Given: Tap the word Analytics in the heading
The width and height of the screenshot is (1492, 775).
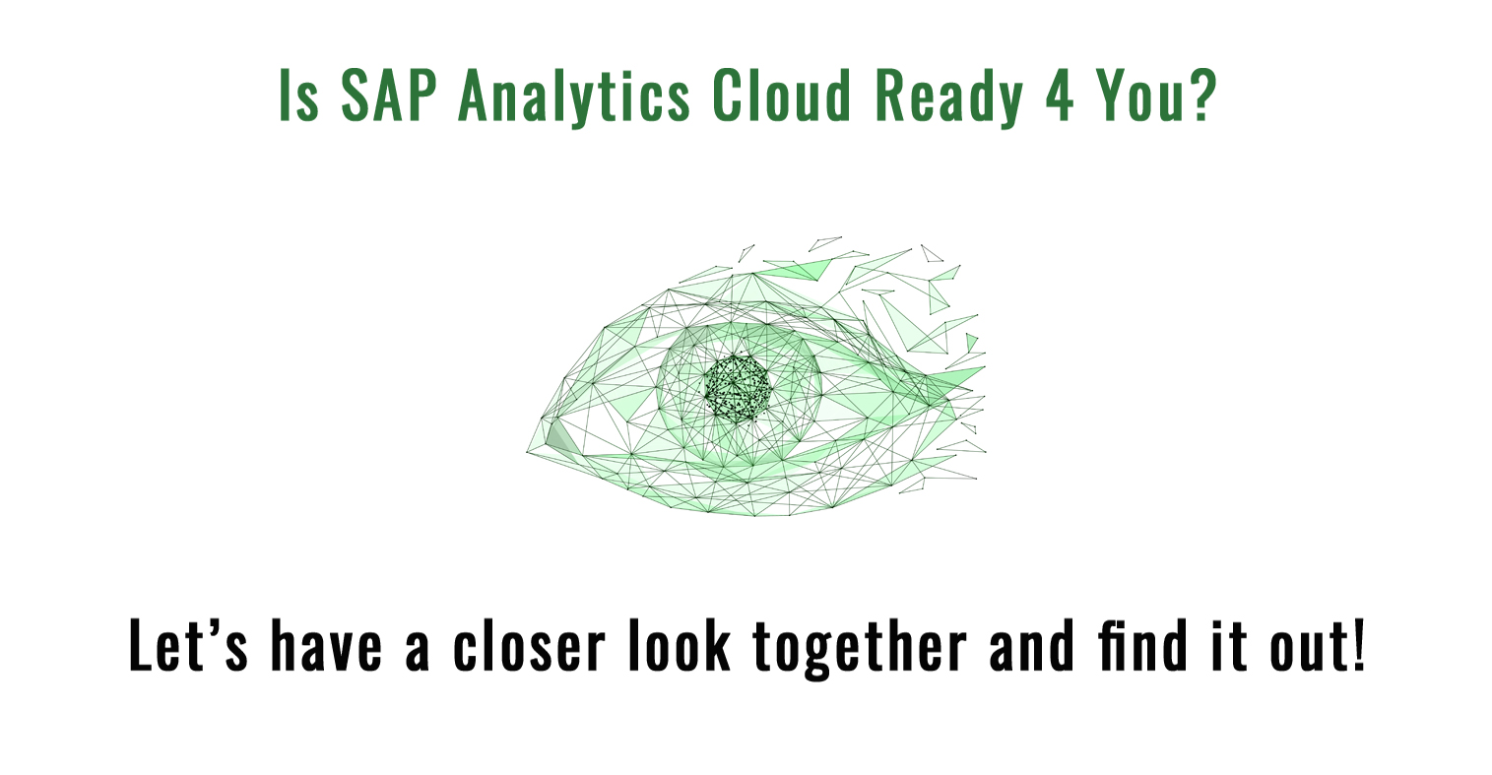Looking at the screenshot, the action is coord(573,97).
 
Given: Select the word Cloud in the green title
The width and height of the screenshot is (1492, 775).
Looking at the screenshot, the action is coord(781,95).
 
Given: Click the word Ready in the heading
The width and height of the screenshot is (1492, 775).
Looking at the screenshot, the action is coord(948,97).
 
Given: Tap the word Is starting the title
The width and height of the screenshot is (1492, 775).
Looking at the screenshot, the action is coord(298,96).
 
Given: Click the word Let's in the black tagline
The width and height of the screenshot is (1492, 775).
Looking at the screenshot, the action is coord(188,644).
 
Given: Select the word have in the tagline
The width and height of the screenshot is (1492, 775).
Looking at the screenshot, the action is coord(327,644).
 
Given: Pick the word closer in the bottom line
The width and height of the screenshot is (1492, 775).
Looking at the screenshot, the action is coord(530,644).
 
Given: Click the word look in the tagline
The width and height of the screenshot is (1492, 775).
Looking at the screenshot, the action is coord(681,644).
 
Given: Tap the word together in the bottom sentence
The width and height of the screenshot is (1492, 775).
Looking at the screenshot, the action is coord(860,647).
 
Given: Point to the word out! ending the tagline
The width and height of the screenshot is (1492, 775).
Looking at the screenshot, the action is coord(1318,644).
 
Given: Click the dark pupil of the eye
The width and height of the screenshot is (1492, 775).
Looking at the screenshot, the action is coord(738,389).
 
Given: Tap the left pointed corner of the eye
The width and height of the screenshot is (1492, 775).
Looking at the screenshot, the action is coord(528,451).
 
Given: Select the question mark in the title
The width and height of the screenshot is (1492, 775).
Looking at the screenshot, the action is coord(1204,96).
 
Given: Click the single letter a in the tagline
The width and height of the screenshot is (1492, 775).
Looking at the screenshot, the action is coord(417,651).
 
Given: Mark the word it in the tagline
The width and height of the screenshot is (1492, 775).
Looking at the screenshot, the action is coord(1229,644).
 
